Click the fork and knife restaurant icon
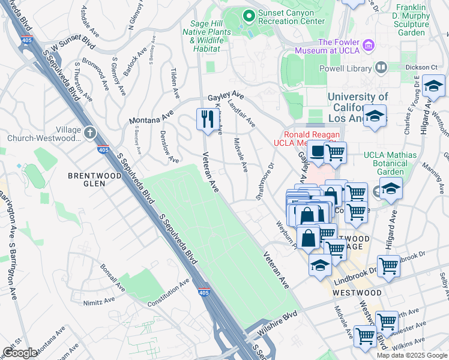tap(205, 118)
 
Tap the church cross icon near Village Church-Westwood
tap(90, 132)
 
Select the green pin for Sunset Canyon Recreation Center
tap(247, 14)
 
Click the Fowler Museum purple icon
tap(369, 44)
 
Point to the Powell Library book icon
tap(381, 67)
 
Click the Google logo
tap(20, 353)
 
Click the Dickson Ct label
tap(421, 67)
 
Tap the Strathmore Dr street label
tap(265, 180)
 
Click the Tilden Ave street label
tap(175, 83)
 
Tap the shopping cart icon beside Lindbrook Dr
tap(389, 265)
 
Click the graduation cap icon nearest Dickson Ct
tap(433, 87)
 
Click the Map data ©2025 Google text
tap(412, 355)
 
